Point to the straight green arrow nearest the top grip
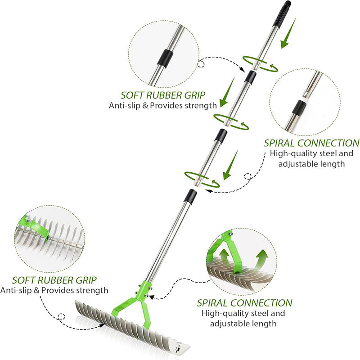287,33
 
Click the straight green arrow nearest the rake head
231,166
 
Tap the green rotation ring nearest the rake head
201,178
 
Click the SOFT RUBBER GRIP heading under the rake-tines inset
54,279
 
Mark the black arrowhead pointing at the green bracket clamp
152,297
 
